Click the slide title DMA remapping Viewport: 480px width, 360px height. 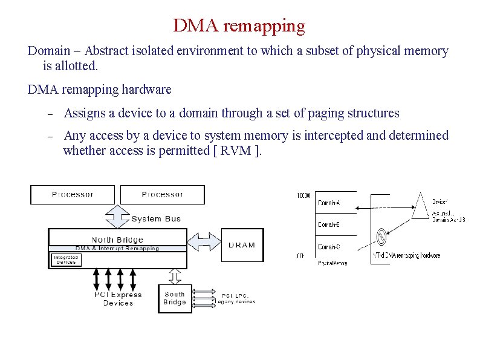[x=239, y=26]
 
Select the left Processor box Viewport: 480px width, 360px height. [x=73, y=194]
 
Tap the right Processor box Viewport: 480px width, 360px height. [x=162, y=194]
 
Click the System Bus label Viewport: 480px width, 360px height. [x=155, y=218]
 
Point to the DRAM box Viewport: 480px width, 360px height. [x=242, y=245]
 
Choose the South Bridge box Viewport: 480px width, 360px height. [x=174, y=298]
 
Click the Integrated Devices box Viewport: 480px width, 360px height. [x=65, y=260]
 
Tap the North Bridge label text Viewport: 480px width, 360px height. [x=117, y=240]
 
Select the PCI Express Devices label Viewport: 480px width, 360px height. [x=118, y=299]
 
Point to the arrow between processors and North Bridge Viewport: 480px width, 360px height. [x=117, y=216]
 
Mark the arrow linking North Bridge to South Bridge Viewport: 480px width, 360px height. [x=174, y=277]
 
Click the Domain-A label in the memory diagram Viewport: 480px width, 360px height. [x=329, y=203]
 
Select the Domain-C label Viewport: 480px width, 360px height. [x=329, y=247]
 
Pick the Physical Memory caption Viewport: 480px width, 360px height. [x=333, y=263]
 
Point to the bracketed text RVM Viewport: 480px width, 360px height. [x=233, y=151]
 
